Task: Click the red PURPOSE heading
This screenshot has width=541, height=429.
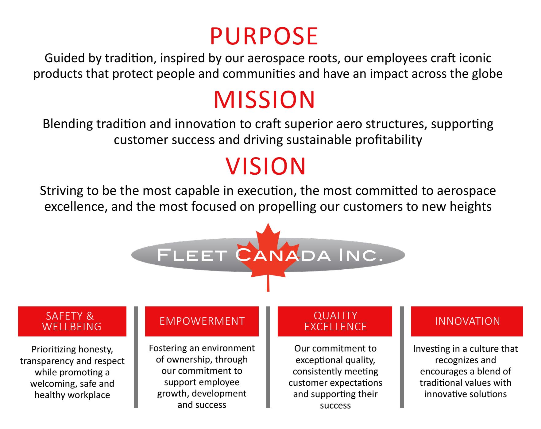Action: click(264, 36)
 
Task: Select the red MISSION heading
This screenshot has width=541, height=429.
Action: click(264, 100)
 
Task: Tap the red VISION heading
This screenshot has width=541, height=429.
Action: click(265, 166)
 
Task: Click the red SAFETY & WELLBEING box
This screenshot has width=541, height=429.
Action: click(72, 321)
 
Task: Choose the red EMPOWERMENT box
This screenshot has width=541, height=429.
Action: click(202, 321)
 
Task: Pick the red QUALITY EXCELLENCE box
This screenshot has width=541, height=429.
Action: click(335, 321)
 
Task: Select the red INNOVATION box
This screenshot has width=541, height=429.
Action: click(467, 321)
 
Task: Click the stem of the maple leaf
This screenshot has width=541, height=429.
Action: click(268, 283)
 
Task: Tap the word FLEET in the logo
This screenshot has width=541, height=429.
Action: click(192, 255)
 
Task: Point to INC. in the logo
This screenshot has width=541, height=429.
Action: click(361, 255)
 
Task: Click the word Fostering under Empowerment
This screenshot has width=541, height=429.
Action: click(168, 348)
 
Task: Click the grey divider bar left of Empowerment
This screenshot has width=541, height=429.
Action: click(136, 357)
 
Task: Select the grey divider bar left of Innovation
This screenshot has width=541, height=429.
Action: click(402, 357)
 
